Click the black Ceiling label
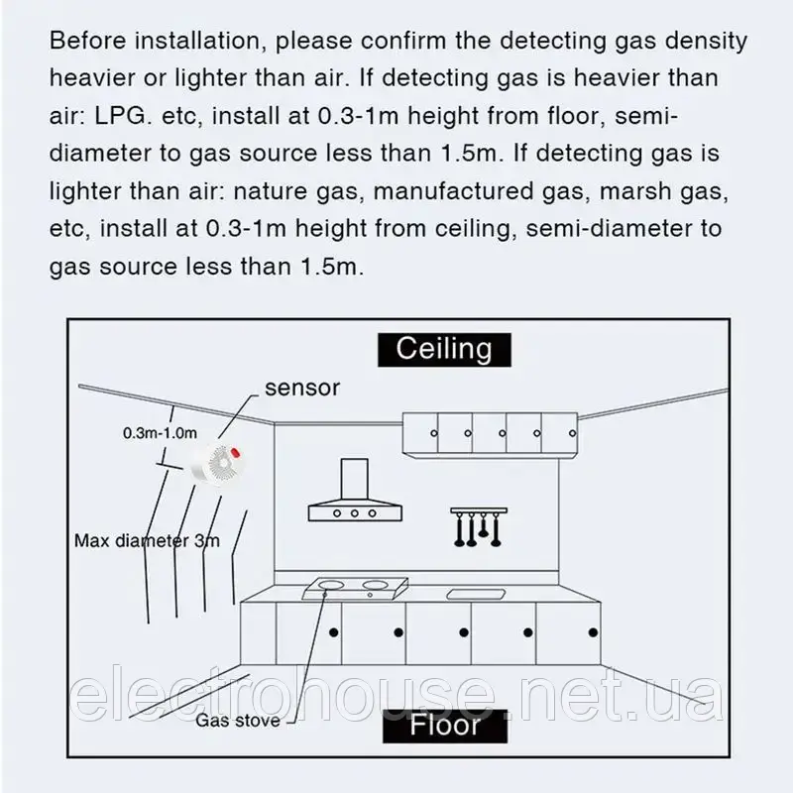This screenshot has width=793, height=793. (444, 348)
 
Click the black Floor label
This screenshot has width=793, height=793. (444, 725)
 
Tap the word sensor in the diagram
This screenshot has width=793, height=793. (302, 388)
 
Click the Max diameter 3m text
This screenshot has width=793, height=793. (147, 541)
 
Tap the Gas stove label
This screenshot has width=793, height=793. (238, 721)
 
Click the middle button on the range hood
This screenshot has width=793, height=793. (353, 512)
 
